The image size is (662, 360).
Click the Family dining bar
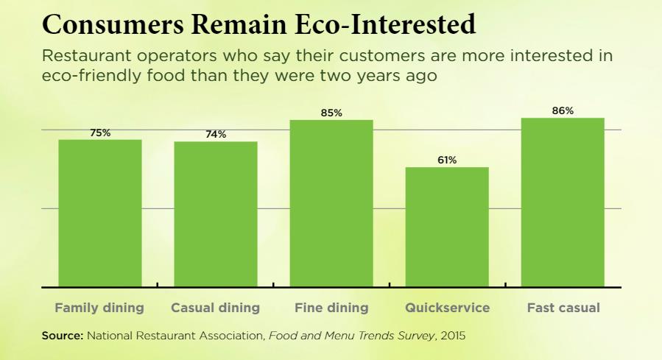tap(100, 213)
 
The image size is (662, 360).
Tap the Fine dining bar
tap(331, 203)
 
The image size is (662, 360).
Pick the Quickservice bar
tap(447, 227)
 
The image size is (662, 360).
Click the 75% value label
tap(100, 133)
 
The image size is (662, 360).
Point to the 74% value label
tap(216, 135)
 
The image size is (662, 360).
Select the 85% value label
tap(331, 113)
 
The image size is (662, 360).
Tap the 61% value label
tap(447, 160)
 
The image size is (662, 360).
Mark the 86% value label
tap(563, 111)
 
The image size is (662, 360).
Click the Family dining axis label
tap(99, 308)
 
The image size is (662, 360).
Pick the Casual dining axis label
tap(215, 308)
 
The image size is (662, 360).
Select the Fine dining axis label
tap(331, 308)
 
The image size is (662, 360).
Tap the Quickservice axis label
tap(447, 308)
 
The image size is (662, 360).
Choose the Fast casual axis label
tap(563, 308)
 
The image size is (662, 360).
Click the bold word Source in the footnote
tap(62, 336)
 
